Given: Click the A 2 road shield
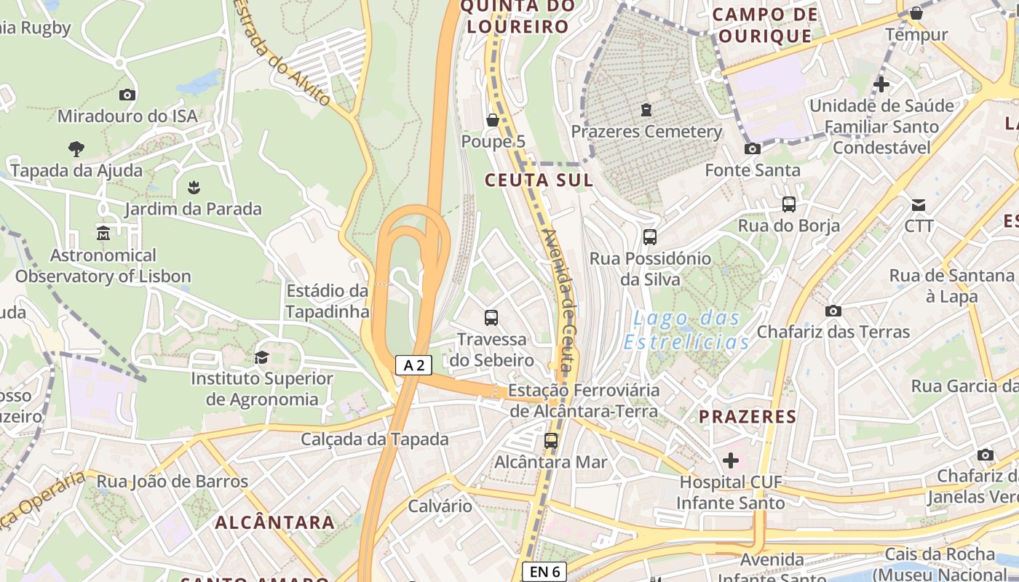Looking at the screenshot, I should pyautogui.click(x=413, y=365).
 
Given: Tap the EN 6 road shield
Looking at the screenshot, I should pyautogui.click(x=544, y=572).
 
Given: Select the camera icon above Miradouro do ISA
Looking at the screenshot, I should pyautogui.click(x=127, y=95).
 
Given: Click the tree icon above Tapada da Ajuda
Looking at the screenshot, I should pyautogui.click(x=76, y=149).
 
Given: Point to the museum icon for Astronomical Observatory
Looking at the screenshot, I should pyautogui.click(x=103, y=234).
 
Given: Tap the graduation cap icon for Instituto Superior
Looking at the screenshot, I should pyautogui.click(x=261, y=357).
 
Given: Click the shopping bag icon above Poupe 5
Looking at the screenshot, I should pyautogui.click(x=493, y=120).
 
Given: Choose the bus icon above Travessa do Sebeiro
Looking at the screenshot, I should pyautogui.click(x=491, y=317).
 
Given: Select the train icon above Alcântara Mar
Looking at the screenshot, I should pyautogui.click(x=551, y=440).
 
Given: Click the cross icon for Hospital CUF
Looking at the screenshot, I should pyautogui.click(x=731, y=461).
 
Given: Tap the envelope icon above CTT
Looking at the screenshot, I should pyautogui.click(x=919, y=204).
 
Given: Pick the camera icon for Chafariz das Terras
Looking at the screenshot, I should pyautogui.click(x=833, y=311).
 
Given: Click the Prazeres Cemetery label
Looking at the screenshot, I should pyautogui.click(x=646, y=132).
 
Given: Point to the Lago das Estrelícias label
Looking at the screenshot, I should pyautogui.click(x=686, y=330).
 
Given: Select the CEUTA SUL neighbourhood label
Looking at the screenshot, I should pyautogui.click(x=539, y=180).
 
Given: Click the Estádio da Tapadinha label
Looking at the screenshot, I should pyautogui.click(x=327, y=301).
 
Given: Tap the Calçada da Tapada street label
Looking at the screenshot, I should pyautogui.click(x=375, y=439).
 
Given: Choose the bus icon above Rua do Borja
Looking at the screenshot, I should pyautogui.click(x=789, y=204).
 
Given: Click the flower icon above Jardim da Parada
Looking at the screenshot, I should pyautogui.click(x=193, y=188).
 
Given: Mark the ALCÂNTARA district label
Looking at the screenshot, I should pyautogui.click(x=275, y=522).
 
